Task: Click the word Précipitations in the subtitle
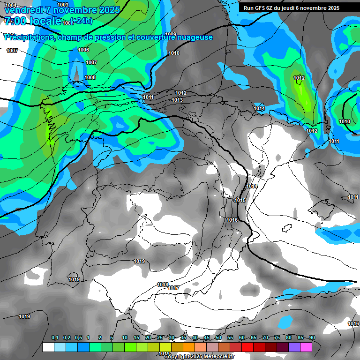point(29,37)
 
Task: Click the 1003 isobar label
point(62,4)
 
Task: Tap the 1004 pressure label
point(10,4)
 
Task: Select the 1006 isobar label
point(83,50)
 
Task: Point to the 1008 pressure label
point(90,77)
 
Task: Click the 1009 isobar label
point(171,34)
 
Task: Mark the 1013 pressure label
point(177,100)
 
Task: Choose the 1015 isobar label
point(240,201)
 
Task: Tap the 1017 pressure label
point(173,288)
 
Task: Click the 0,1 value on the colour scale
point(54,338)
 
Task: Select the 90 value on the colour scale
point(312,338)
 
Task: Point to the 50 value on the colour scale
point(218,338)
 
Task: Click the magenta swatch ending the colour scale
point(306,347)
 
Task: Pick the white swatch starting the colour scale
point(48,347)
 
